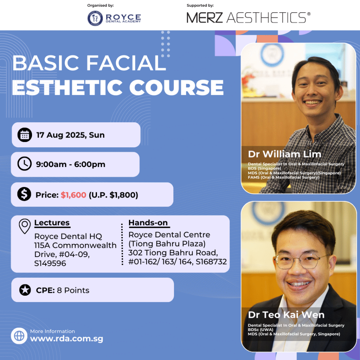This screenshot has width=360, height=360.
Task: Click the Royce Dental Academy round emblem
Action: (x=95, y=18)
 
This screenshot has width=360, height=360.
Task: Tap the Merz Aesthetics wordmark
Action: (x=249, y=18)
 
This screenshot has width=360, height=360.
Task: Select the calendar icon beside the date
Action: (x=25, y=135)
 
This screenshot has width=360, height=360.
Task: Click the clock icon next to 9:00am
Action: (x=25, y=164)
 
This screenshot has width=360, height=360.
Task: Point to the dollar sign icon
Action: (x=24, y=194)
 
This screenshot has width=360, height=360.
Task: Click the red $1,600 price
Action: (x=73, y=195)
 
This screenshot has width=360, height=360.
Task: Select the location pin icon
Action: (x=25, y=226)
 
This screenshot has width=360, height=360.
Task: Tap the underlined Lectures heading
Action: (x=52, y=223)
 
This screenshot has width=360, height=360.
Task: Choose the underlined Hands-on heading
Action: (x=148, y=223)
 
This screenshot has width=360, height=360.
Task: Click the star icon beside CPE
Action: (x=25, y=290)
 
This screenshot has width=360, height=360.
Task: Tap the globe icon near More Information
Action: (x=19, y=336)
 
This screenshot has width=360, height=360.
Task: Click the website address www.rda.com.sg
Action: (x=66, y=339)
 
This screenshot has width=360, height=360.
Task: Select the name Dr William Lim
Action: (x=284, y=154)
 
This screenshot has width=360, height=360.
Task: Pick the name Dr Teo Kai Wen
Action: (x=286, y=315)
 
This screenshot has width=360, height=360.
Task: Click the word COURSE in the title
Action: (x=176, y=88)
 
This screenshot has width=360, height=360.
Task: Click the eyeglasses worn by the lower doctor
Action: (x=301, y=261)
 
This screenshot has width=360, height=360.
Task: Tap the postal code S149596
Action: (x=50, y=263)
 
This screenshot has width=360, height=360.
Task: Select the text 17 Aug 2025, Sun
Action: (x=70, y=135)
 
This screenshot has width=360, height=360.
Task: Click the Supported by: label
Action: (x=200, y=5)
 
